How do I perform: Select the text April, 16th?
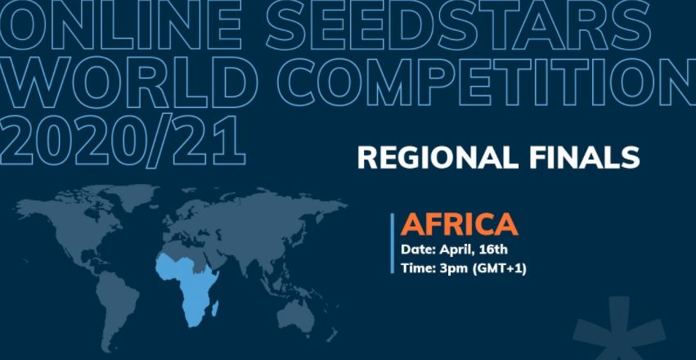(x=483, y=249)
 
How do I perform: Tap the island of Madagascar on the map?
(x=215, y=308)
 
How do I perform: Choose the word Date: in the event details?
(x=418, y=249)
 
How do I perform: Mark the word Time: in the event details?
(x=418, y=268)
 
